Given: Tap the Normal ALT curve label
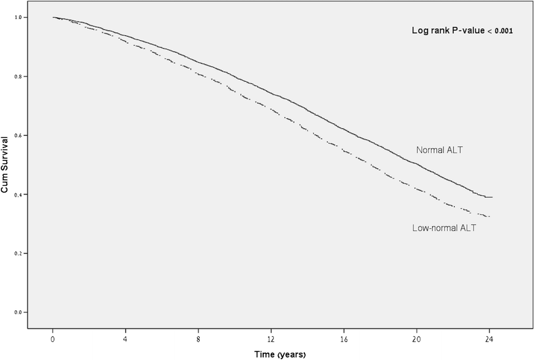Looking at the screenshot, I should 439,151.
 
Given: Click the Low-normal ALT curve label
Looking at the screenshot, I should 444,228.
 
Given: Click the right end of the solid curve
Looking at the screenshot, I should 492,197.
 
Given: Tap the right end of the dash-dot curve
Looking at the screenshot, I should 489,217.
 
